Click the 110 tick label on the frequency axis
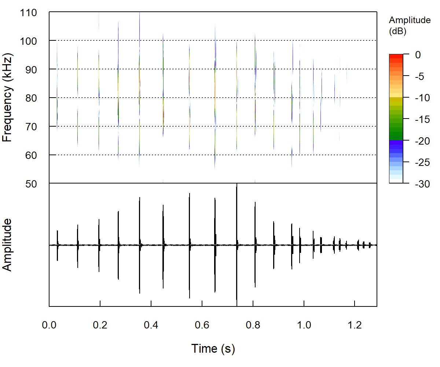[x=29, y=13]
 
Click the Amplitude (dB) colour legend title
[x=410, y=26]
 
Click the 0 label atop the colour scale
[x=418, y=55]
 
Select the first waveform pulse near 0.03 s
[x=58, y=245]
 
